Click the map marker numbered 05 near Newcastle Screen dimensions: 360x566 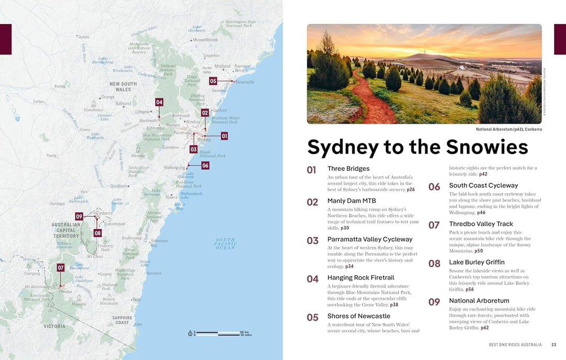pos(213,81)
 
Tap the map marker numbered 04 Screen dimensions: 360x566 pos(159,102)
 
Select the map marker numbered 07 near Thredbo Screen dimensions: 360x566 pos(61,268)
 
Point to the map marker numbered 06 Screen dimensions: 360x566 pos(205,165)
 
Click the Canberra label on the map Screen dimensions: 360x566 pos(104,213)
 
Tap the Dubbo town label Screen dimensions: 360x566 pos(83,37)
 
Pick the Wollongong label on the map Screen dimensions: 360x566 pos(174,168)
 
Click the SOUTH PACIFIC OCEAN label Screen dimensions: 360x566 pos(225,244)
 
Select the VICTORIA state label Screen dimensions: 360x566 pos(55,326)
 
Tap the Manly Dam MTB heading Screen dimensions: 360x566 pos(352,201)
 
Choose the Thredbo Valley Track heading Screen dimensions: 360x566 pos(481,224)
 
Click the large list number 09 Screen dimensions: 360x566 pos(434,302)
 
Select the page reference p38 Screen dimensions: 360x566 pos(394,305)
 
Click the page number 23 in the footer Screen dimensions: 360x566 pos(553,344)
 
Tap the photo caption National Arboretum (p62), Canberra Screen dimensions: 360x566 pos(508,129)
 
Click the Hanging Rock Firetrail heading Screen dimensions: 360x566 pos(361,278)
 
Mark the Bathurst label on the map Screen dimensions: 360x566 pos(124,104)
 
